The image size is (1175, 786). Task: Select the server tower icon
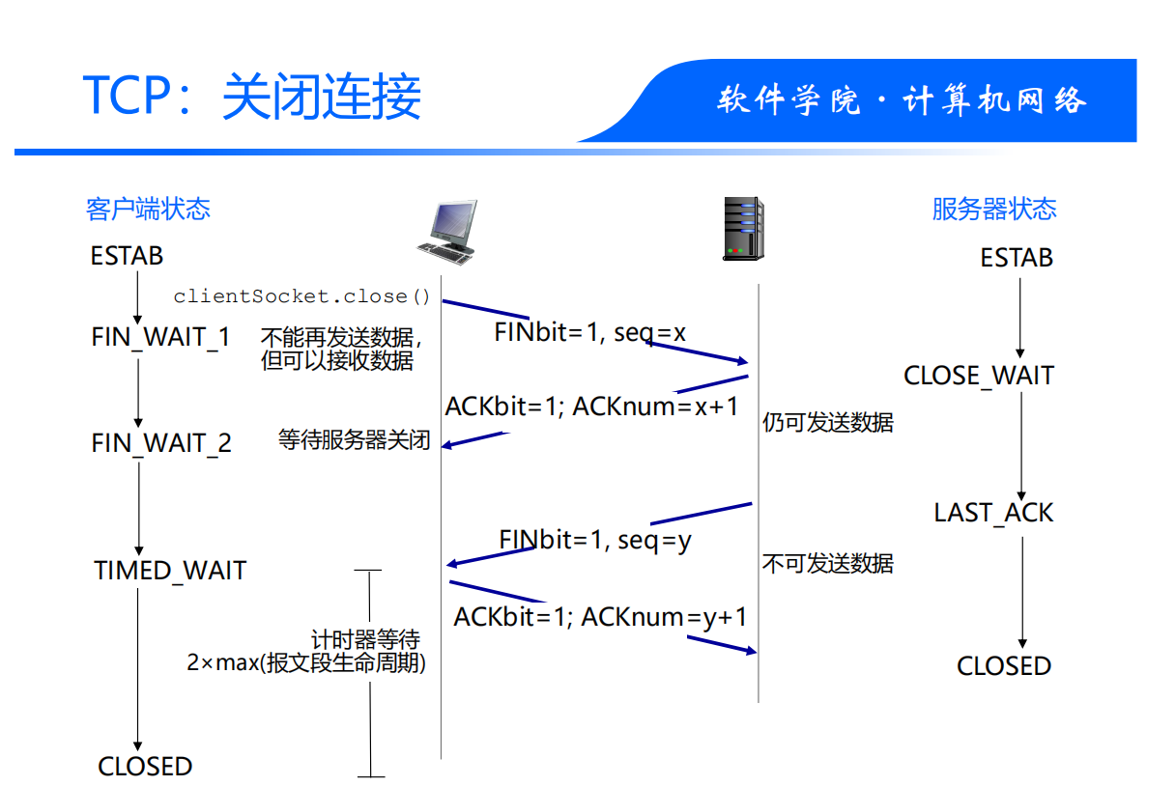point(743,229)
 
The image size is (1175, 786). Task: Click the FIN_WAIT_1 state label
point(161,337)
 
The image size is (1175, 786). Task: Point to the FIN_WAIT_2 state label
point(161,443)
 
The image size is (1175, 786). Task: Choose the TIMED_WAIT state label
point(170,571)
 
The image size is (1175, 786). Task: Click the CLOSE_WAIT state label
point(978,376)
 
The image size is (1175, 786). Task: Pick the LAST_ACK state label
point(993,513)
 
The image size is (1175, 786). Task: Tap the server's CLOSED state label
point(1003,666)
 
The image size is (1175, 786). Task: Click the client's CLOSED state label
point(145,767)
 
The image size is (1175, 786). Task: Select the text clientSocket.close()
point(301,296)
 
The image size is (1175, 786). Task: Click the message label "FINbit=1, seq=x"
point(590,333)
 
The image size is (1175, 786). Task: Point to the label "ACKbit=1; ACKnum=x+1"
point(591,407)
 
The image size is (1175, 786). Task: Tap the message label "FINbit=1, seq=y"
point(595,540)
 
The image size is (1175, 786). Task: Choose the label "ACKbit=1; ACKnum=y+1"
point(600,616)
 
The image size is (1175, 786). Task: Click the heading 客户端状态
point(148,210)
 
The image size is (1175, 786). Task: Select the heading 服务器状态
point(994,210)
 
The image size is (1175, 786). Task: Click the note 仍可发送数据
point(828,422)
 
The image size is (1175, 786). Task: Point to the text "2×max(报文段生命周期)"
point(306,663)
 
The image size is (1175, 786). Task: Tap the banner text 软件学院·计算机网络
point(902,101)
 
